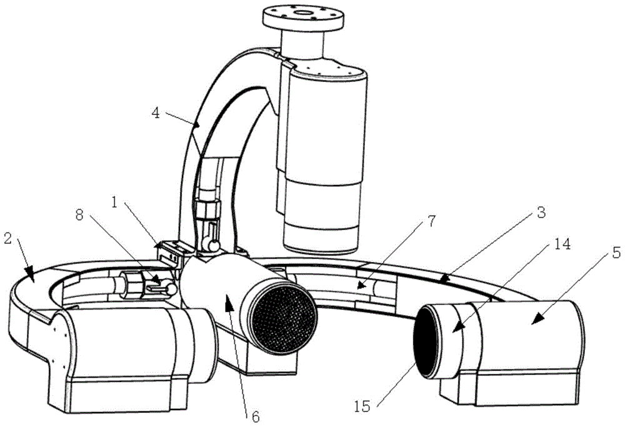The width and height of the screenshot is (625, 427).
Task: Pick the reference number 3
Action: pyautogui.click(x=541, y=213)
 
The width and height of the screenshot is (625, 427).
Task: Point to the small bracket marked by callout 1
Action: pyautogui.click(x=172, y=254)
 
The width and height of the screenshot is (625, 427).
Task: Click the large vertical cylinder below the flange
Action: pyautogui.click(x=322, y=156)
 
